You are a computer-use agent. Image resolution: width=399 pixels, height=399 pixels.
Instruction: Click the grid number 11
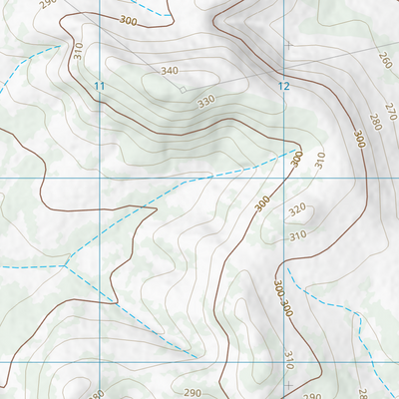[x=99, y=87]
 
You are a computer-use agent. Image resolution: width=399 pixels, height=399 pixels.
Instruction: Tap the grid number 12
[x=284, y=87]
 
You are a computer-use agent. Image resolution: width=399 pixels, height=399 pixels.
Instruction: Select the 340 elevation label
[x=170, y=71]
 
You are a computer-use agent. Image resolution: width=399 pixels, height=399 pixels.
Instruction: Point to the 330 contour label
[x=206, y=102]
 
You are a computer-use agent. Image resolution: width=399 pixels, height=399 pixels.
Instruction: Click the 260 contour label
[x=385, y=62]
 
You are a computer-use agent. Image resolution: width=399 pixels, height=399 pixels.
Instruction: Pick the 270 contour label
[x=390, y=109]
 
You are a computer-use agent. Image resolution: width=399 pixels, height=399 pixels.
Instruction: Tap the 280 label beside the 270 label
[x=375, y=122]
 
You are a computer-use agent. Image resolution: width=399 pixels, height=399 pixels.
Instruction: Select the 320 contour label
[x=297, y=211]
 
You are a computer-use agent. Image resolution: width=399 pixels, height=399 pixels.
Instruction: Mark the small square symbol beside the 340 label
[x=183, y=90]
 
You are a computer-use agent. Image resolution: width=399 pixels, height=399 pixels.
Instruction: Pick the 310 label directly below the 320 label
[x=297, y=236]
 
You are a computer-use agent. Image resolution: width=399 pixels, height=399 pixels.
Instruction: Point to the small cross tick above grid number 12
[x=289, y=45]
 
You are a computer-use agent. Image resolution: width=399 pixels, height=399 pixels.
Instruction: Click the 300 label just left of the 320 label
[x=262, y=202]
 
